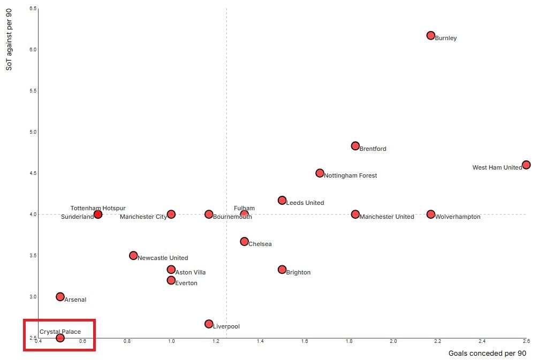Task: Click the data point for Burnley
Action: click(x=430, y=35)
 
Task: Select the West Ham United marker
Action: click(x=526, y=165)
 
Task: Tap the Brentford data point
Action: click(x=355, y=146)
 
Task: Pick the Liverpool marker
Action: click(x=209, y=324)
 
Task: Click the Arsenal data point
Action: click(x=60, y=296)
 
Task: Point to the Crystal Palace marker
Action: click(x=60, y=338)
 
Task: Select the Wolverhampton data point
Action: click(x=430, y=214)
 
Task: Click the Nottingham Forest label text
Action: click(x=350, y=175)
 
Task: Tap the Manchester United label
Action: click(x=387, y=217)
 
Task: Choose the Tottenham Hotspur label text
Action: click(x=98, y=208)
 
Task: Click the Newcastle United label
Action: click(x=163, y=258)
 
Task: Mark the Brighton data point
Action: click(x=282, y=269)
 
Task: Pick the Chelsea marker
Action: click(x=244, y=241)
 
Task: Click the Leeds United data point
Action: click(x=282, y=200)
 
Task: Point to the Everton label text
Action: click(x=186, y=283)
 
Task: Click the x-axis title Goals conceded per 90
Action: click(x=487, y=354)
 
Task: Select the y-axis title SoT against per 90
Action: click(x=9, y=40)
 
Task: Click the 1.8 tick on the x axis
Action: click(x=349, y=341)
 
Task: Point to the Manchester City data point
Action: click(x=171, y=214)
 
